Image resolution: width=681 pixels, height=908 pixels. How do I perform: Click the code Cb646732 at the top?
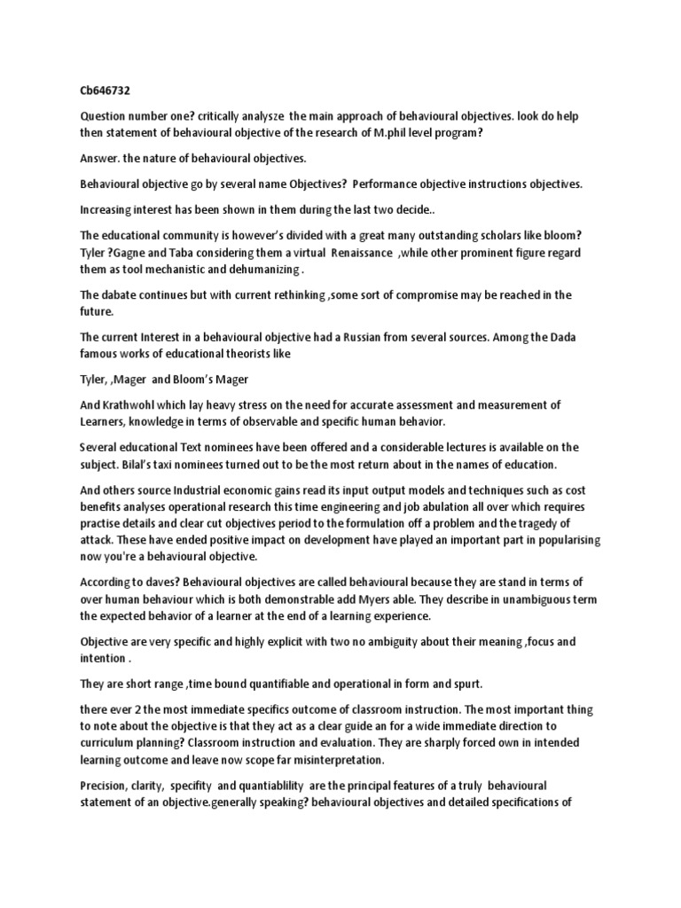click(106, 90)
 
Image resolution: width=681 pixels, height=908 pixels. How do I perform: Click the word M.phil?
click(419, 132)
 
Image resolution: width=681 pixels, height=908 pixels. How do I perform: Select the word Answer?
click(102, 159)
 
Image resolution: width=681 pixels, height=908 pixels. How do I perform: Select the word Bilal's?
click(152, 463)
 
